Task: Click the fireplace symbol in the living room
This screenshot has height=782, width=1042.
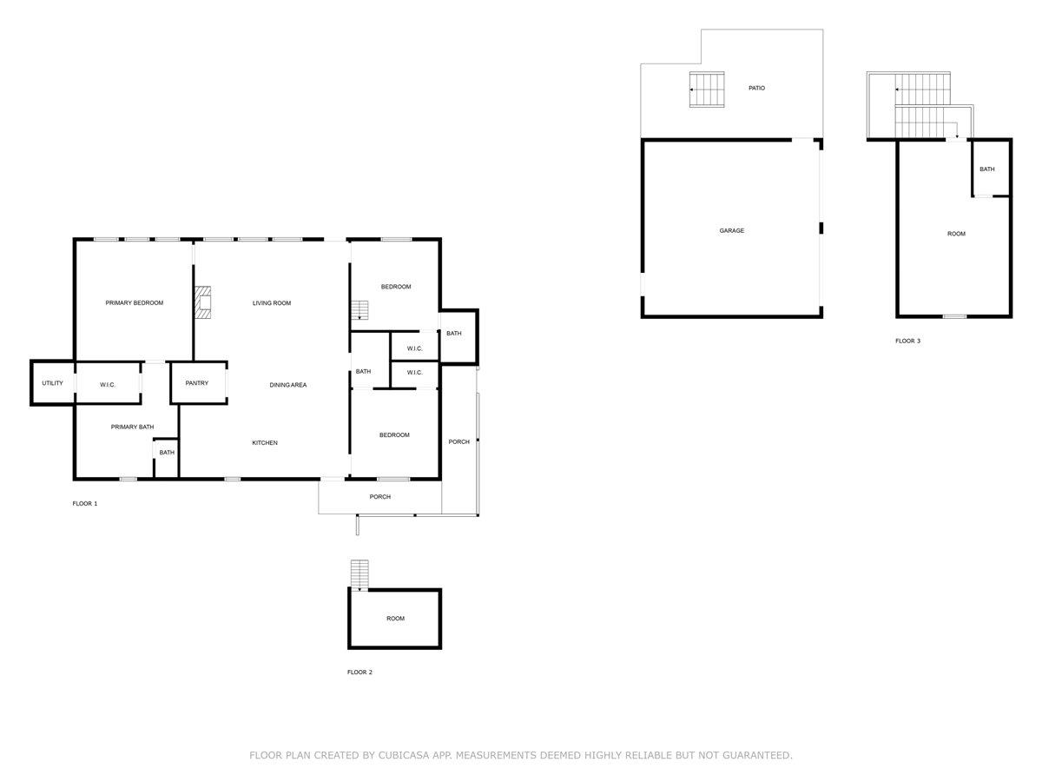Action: [203, 303]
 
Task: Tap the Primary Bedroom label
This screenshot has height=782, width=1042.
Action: [135, 303]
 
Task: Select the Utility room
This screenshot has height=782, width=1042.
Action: [52, 383]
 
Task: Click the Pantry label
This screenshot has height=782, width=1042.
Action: [197, 383]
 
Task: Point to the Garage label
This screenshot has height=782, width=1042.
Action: [731, 231]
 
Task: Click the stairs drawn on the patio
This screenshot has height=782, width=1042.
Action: [706, 89]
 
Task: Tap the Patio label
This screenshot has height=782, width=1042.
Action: [756, 89]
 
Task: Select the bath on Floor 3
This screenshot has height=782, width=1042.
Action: [987, 169]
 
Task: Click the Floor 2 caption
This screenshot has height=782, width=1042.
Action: [359, 673]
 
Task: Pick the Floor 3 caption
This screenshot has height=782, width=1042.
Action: [907, 341]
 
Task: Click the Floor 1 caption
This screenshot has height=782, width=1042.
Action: [85, 504]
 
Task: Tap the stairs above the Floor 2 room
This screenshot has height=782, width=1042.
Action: [359, 574]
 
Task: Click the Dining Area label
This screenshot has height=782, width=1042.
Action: [287, 385]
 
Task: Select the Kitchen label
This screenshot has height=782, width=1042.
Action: [265, 443]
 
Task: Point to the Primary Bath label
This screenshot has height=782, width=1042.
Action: [133, 427]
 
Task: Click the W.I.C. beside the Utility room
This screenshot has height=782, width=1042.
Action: [108, 385]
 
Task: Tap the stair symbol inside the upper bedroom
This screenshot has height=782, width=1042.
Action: [359, 310]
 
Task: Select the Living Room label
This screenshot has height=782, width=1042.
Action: [272, 303]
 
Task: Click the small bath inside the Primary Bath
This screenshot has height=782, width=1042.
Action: [167, 453]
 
